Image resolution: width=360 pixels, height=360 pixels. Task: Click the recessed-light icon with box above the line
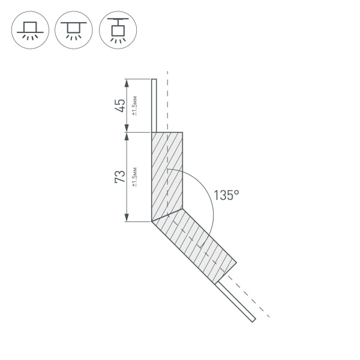pyautogui.click(x=29, y=30)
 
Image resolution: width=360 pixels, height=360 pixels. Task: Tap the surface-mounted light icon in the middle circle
pyautogui.click(x=73, y=30)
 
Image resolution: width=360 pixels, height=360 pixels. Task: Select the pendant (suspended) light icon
pyautogui.click(x=117, y=30)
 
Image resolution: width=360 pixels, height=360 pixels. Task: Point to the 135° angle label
pyautogui.click(x=226, y=196)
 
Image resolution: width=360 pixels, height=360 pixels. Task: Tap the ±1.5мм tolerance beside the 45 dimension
pyautogui.click(x=135, y=106)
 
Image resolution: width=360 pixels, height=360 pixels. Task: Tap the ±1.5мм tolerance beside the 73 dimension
pyautogui.click(x=135, y=177)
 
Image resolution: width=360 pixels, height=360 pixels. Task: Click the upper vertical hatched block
pyautogui.click(x=167, y=174)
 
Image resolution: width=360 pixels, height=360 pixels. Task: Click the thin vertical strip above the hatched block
pyautogui.click(x=154, y=105)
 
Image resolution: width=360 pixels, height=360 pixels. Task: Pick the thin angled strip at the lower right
pyautogui.click(x=237, y=300)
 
